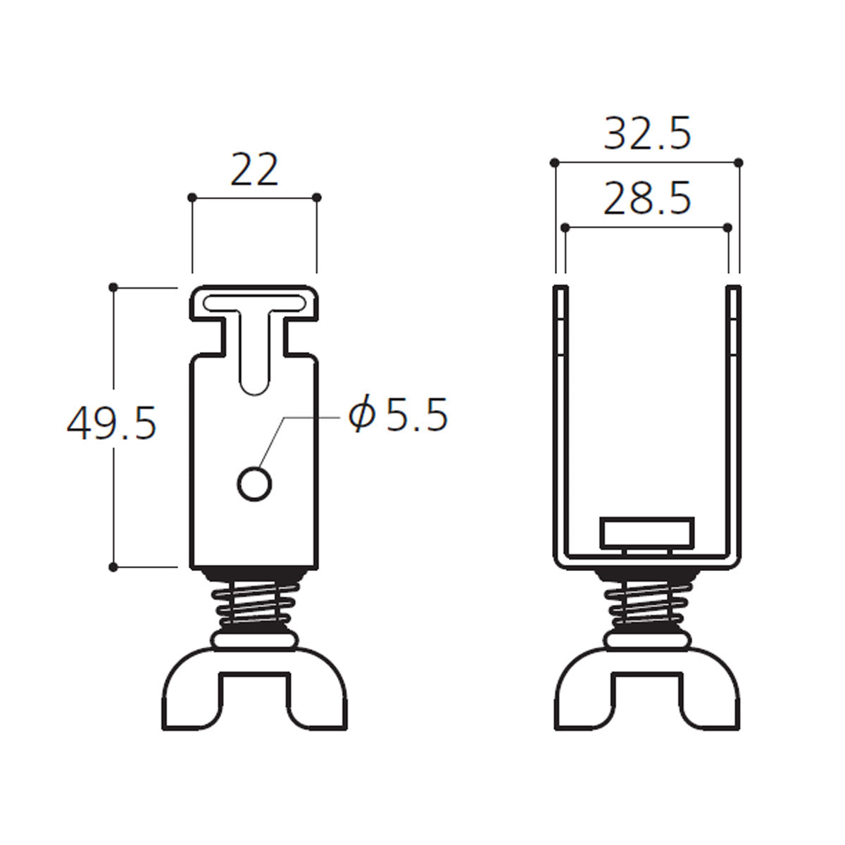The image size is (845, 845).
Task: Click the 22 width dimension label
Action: pyautogui.click(x=254, y=170)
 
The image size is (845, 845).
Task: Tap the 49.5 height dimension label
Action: pyautogui.click(x=111, y=423)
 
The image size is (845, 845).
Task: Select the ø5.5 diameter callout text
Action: pyautogui.click(x=398, y=414)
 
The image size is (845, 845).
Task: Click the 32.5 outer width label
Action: pyautogui.click(x=647, y=133)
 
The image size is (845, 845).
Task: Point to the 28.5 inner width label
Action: pyautogui.click(x=647, y=198)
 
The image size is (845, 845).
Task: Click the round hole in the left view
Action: pyautogui.click(x=254, y=484)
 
